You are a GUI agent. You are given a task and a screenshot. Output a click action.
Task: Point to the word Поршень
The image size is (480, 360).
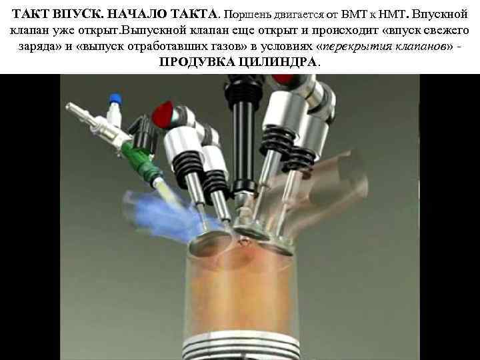point(246,13)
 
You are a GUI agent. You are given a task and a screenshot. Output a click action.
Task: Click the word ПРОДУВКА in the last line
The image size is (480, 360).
point(194,62)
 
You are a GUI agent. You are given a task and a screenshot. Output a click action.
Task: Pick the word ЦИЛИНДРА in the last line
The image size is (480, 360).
point(275,62)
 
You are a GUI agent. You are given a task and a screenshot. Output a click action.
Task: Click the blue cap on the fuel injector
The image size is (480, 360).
point(116,99)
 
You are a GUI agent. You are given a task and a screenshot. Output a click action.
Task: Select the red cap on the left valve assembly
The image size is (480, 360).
point(163,113)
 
